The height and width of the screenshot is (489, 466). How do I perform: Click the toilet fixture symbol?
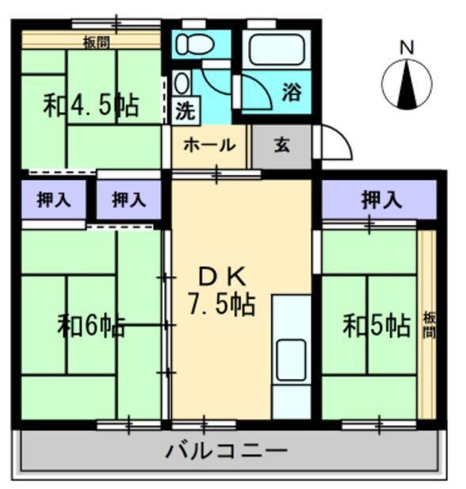pyautogui.click(x=195, y=44)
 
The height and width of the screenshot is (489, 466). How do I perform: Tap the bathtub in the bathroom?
pyautogui.click(x=277, y=49)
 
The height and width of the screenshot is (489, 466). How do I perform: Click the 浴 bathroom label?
pyautogui.click(x=292, y=92)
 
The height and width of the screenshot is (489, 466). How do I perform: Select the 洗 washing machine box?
pyautogui.click(x=186, y=111)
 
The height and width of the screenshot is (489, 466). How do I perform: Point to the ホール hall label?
pyautogui.click(x=209, y=145)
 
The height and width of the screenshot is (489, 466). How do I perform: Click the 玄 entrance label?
pyautogui.click(x=282, y=145)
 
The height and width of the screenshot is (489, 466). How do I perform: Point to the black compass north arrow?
pyautogui.click(x=407, y=84)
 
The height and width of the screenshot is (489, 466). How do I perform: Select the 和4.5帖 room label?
pyautogui.click(x=91, y=105)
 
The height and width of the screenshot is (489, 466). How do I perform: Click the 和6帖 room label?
pyautogui.click(x=91, y=327)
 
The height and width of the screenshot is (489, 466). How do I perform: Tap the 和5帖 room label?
pyautogui.click(x=376, y=326)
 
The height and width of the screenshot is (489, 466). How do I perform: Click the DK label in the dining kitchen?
pyautogui.click(x=223, y=277)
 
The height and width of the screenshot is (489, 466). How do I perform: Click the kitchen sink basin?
pyautogui.click(x=291, y=360)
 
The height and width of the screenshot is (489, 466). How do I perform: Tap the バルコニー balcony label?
pyautogui.click(x=226, y=451)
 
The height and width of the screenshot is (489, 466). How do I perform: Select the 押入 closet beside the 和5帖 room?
pyautogui.click(x=379, y=200)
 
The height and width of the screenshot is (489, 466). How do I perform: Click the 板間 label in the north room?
pyautogui.click(x=97, y=43)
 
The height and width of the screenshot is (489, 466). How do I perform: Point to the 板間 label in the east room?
pyautogui.click(x=429, y=326)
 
